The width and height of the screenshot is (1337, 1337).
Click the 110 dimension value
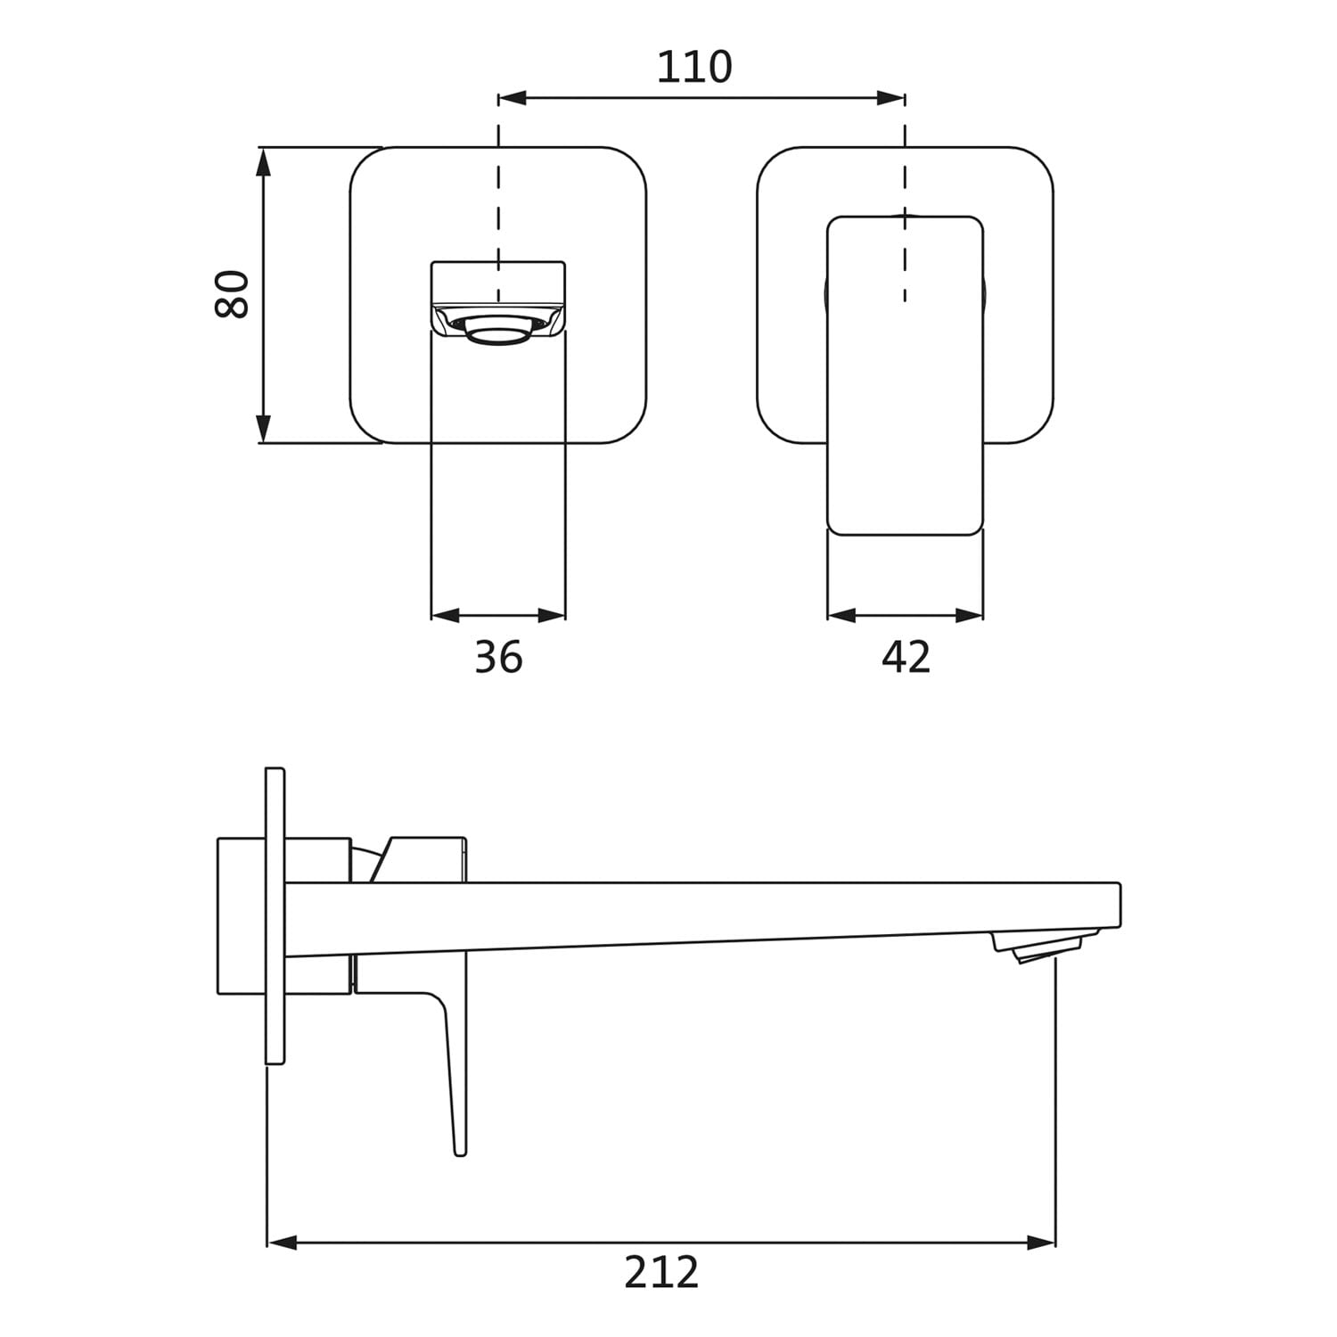point(694,67)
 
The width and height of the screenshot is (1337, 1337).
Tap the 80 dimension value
point(233,293)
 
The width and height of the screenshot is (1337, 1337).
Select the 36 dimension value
point(498,658)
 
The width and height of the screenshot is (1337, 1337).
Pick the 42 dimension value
point(906,658)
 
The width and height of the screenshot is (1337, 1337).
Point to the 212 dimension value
point(661,1272)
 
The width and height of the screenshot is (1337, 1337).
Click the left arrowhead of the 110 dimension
point(513,98)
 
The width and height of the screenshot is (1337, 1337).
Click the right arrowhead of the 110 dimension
point(891,98)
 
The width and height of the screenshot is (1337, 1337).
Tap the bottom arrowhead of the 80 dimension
point(263,429)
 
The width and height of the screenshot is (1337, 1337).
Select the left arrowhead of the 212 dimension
point(282,1242)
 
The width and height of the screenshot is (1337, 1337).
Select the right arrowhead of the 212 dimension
point(1041,1242)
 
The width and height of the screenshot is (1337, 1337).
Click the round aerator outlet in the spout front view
point(498,331)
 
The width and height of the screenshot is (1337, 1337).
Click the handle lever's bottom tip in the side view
point(460,1153)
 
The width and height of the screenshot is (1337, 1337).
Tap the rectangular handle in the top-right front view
point(906,375)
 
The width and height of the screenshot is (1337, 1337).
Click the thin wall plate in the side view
point(275,915)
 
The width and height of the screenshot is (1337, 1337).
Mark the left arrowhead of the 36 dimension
point(445,615)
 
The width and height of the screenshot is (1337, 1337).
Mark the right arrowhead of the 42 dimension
point(970,615)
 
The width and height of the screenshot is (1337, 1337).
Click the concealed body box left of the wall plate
point(242,915)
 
